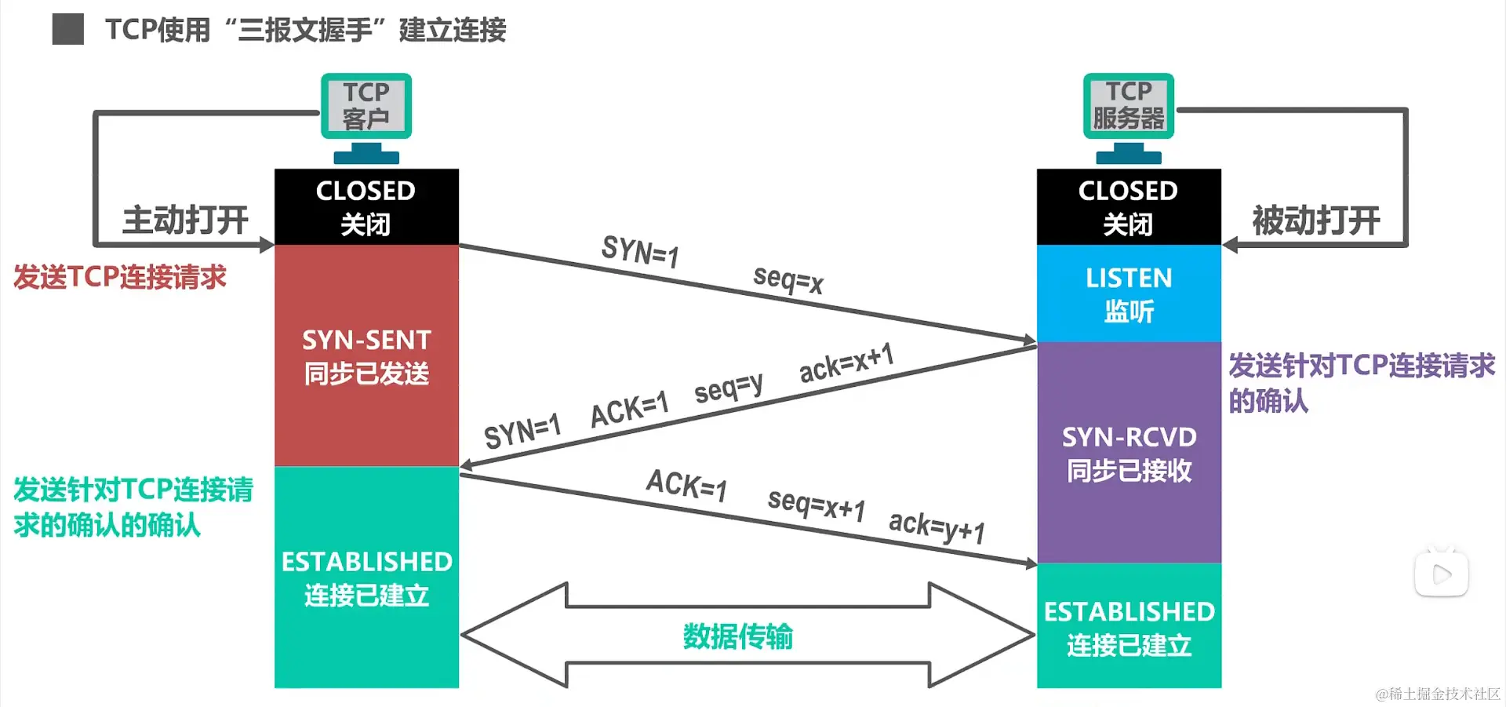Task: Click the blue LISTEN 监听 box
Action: coord(1129,293)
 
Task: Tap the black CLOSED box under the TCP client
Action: coord(366,206)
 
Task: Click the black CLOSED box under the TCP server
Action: coord(1129,206)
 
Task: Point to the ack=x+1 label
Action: coord(846,363)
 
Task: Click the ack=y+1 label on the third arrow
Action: coord(937,527)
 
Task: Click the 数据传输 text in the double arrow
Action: coord(737,636)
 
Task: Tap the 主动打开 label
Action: coord(186,220)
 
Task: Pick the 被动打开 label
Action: coord(1316,220)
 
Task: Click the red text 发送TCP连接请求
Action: coord(120,277)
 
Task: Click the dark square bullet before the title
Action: coord(68,30)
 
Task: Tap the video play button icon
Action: coord(1441,574)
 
